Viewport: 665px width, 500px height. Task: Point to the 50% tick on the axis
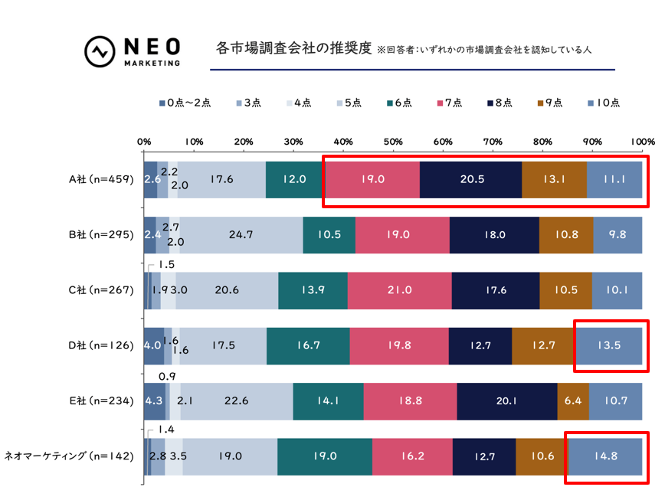[x=393, y=141]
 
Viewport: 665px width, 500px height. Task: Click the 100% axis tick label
[x=642, y=141]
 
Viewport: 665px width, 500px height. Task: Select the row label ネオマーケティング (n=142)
[x=70, y=456]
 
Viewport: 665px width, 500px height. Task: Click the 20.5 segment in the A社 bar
[x=470, y=180]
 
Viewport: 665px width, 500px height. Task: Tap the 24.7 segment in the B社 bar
[x=241, y=235]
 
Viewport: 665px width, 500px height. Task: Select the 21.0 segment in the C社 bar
[x=399, y=290]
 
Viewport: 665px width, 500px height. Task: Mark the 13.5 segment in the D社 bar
[x=608, y=345]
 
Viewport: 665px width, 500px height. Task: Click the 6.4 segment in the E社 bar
[x=573, y=400]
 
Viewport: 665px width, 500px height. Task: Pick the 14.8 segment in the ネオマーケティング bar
[x=605, y=456]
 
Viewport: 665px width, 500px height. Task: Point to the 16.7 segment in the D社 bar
[x=308, y=345]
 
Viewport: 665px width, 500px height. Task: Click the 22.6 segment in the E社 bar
[x=237, y=400]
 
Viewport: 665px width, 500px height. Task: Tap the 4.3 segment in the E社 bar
[x=153, y=400]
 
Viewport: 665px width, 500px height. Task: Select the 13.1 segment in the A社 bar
[x=554, y=180]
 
